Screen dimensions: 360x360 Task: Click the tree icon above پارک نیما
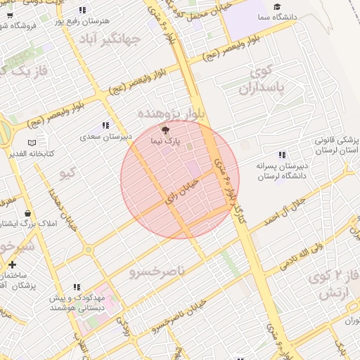click(166, 130)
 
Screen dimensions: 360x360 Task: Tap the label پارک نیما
click(165, 141)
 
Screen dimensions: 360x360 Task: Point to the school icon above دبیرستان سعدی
click(105, 125)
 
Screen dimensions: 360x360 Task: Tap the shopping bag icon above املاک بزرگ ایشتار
click(27, 213)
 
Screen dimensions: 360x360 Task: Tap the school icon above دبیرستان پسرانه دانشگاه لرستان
click(282, 155)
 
